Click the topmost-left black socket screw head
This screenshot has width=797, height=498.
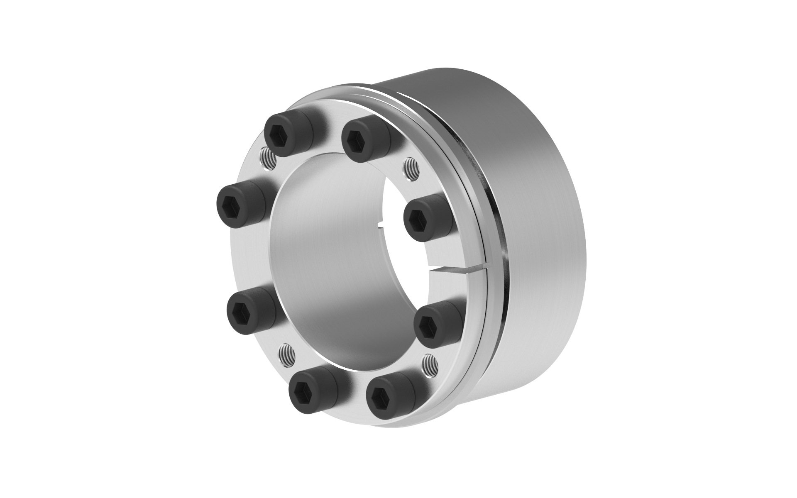point(284,135)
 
